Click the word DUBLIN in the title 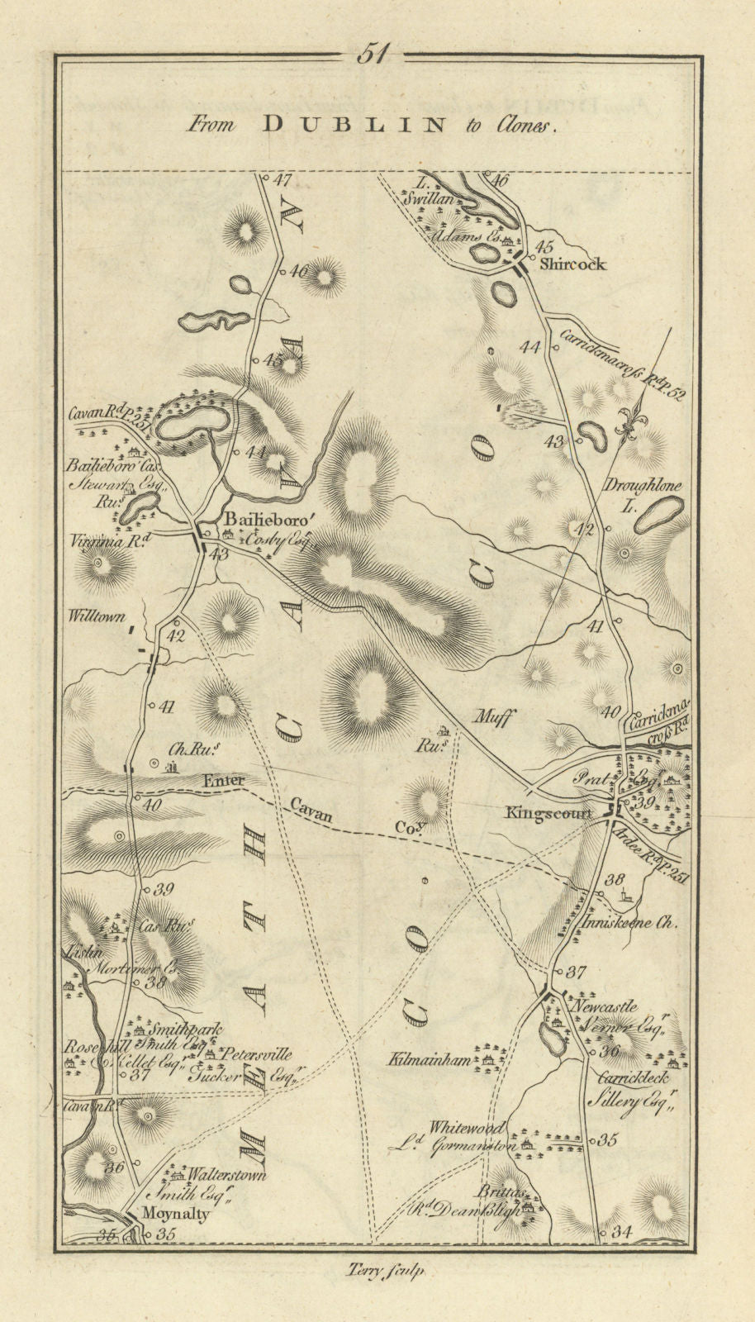(x=353, y=125)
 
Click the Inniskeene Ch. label (x=640, y=924)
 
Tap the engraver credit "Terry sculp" (x=381, y=1272)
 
